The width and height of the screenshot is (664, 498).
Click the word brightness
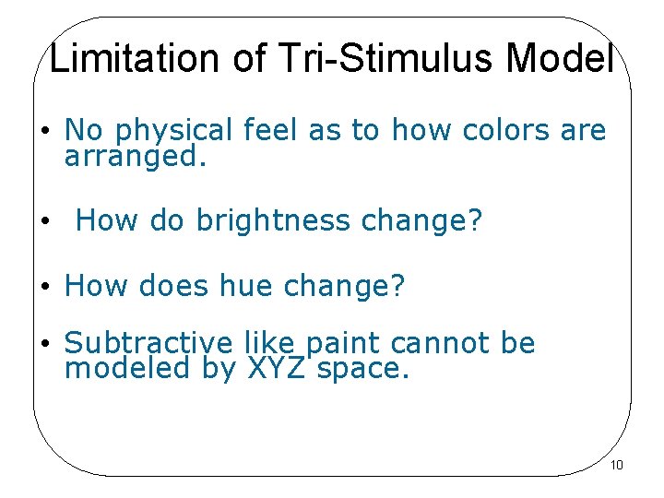click(275, 221)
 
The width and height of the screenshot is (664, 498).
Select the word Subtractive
click(148, 343)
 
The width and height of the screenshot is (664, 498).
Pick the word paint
click(346, 344)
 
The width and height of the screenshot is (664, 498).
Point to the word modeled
click(126, 370)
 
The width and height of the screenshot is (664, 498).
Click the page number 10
click(617, 465)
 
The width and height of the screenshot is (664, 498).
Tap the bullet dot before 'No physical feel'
click(44, 132)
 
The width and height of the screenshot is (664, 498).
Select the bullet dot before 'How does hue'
click(44, 287)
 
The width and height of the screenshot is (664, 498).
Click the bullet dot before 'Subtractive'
click(44, 344)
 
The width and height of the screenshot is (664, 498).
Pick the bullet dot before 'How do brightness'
click(44, 222)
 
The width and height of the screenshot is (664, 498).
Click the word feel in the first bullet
click(273, 131)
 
